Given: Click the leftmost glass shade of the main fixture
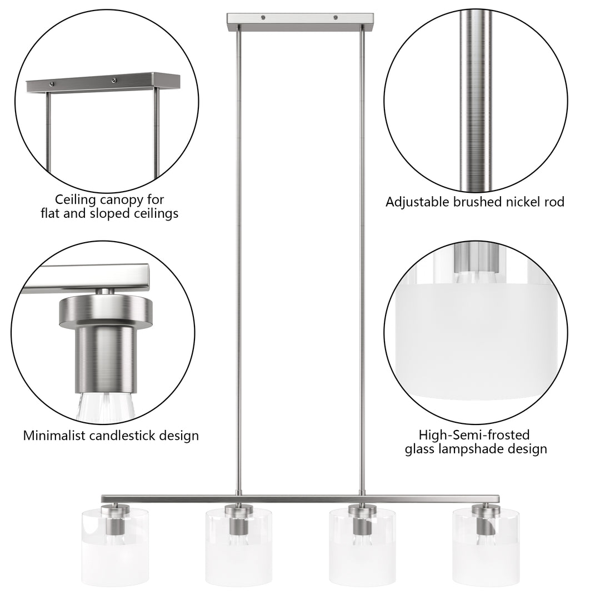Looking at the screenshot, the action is point(115,547).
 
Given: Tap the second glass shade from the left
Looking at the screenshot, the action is point(239,547).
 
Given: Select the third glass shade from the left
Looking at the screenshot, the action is point(362,547).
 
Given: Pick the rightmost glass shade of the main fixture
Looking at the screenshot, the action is point(486,547).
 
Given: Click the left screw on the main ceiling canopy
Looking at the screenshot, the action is point(263,17).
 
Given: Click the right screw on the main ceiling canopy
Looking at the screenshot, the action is point(336,17).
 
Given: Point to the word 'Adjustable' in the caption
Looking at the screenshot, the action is point(417,202).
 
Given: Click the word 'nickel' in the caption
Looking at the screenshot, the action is point(524,202).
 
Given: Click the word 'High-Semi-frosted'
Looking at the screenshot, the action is point(474,435).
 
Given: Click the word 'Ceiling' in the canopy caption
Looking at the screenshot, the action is point(76,200).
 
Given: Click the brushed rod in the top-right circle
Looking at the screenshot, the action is point(475,100).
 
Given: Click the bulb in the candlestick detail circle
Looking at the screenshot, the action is point(106,408).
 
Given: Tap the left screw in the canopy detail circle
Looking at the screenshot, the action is point(52,84).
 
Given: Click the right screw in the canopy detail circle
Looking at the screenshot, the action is point(113,81).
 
